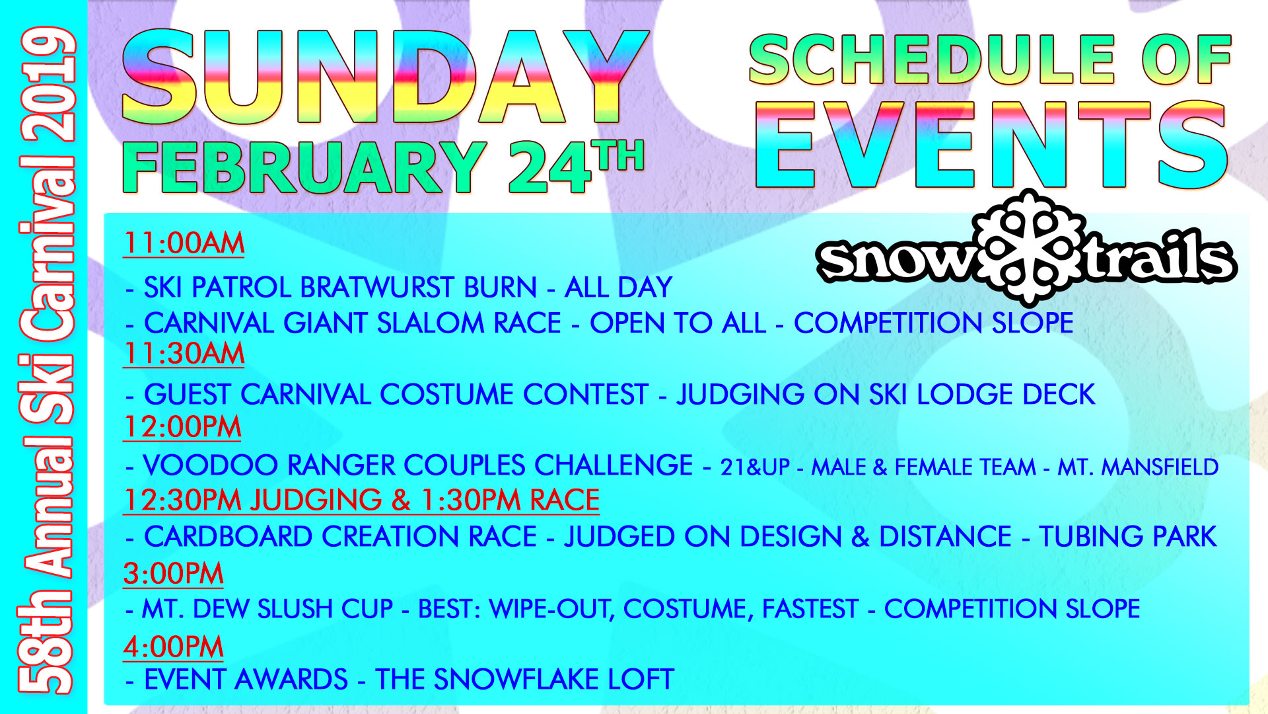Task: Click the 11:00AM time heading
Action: coord(184,243)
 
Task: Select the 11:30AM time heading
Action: coord(184,353)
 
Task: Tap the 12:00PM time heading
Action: coord(182,426)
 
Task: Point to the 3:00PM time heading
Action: coord(173,573)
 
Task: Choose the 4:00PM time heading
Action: coord(173,646)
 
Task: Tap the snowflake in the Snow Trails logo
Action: coord(1031,249)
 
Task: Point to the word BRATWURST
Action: coord(419,288)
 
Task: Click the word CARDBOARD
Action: coord(229,537)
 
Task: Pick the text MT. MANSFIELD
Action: coord(1138,467)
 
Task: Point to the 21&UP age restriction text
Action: coord(755,467)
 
